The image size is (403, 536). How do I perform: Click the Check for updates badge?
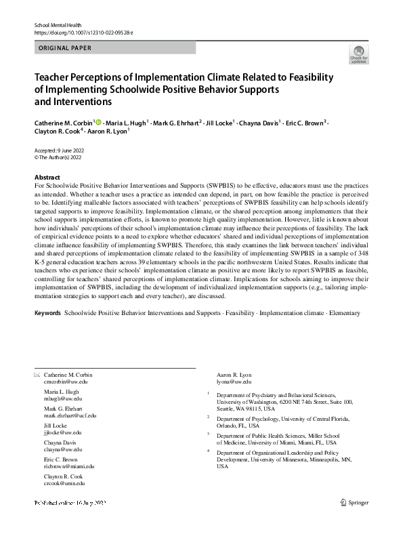(x=359, y=55)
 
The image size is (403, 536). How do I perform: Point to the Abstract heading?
(x=47, y=177)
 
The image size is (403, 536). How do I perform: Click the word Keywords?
(x=47, y=314)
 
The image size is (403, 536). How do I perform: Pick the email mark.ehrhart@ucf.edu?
(x=70, y=415)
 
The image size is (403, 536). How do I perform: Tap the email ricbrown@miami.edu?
(x=69, y=466)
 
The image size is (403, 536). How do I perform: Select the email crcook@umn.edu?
(x=64, y=483)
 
